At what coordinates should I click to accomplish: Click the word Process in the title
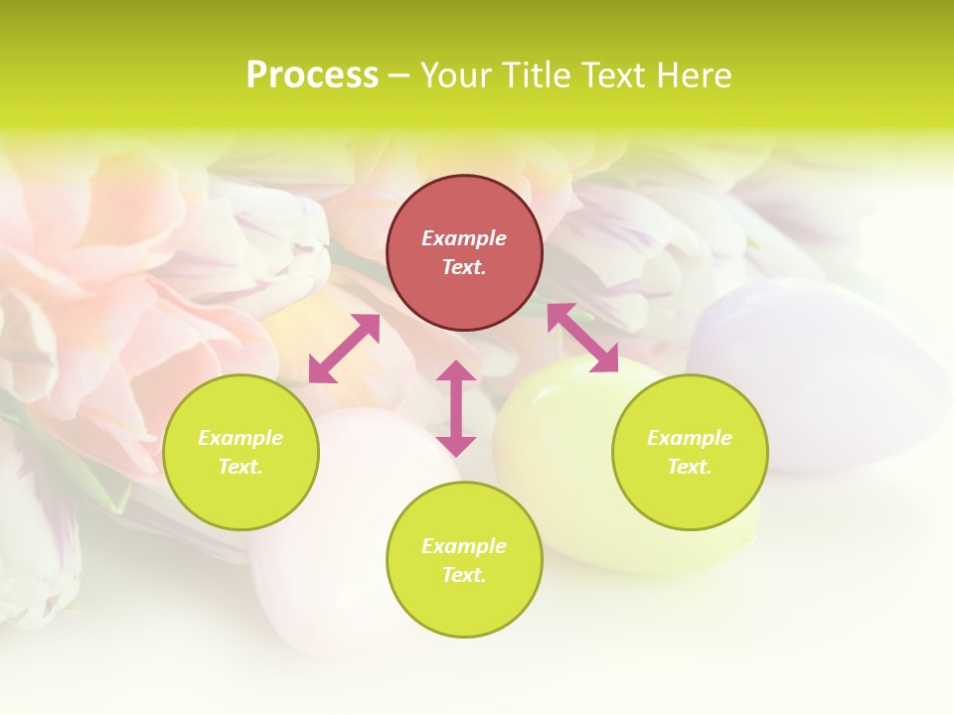[312, 75]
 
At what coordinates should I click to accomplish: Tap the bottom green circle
[464, 606]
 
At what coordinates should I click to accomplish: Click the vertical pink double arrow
[456, 408]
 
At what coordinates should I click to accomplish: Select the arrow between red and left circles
[344, 349]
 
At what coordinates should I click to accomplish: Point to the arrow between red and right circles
[583, 338]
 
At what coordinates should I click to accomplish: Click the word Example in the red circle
[464, 238]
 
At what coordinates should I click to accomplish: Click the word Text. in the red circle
[464, 267]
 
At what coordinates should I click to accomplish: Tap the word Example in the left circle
[240, 438]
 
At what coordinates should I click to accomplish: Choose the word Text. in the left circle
[240, 467]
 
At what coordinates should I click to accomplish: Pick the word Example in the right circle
[690, 438]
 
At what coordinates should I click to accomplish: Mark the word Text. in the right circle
[690, 467]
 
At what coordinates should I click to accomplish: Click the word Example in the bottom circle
[464, 546]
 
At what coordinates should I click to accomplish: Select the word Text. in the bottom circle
[464, 575]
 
